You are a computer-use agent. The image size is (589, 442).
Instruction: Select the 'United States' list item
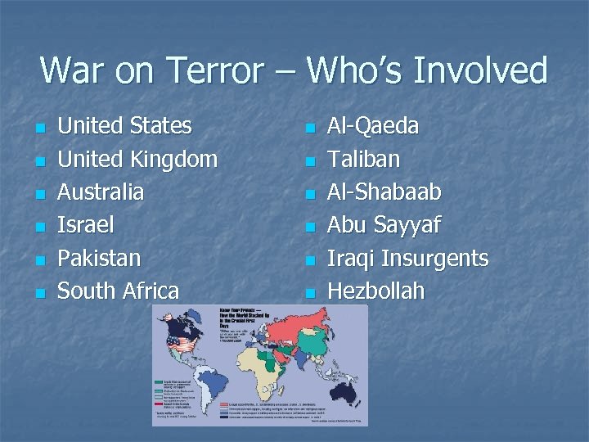[x=125, y=126]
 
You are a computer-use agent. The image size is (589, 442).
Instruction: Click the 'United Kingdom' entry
[x=137, y=159]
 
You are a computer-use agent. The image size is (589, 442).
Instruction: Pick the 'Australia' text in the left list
[x=101, y=192]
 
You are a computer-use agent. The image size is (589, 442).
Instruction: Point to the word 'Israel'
[x=86, y=225]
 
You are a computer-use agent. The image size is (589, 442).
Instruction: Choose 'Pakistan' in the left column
[x=99, y=258]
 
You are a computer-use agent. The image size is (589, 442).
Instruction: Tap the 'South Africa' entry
[x=119, y=291]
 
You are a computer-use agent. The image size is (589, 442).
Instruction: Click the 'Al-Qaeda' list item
[x=373, y=126]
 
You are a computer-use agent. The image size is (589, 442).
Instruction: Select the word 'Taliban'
[x=363, y=159]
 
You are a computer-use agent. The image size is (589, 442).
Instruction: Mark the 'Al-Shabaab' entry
[x=384, y=192]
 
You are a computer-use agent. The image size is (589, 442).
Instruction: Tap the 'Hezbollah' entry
[x=375, y=291]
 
